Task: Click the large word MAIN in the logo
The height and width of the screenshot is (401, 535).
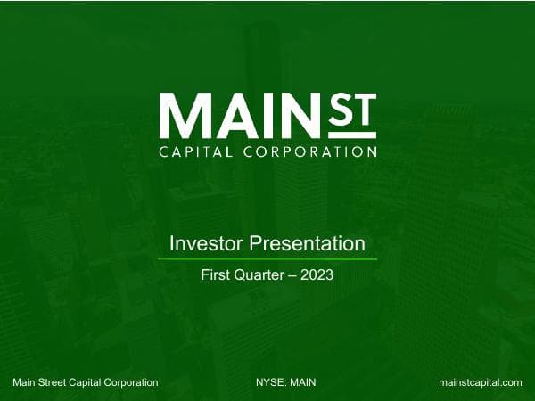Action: tap(245, 115)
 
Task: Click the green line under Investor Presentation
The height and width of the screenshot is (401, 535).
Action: tap(267, 259)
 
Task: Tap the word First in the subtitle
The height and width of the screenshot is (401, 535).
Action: tap(216, 275)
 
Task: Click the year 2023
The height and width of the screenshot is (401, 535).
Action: tap(317, 275)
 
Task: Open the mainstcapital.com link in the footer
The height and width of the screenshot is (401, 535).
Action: tap(481, 382)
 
